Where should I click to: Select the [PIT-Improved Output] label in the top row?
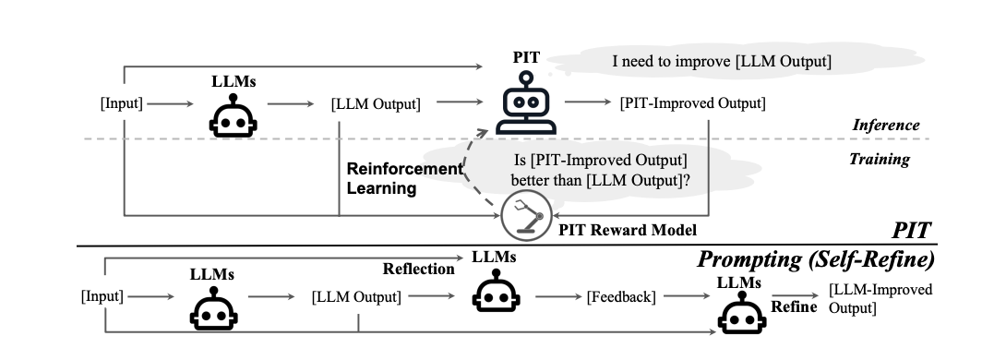point(692,102)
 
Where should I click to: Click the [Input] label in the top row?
point(121,103)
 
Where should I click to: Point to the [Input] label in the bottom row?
point(102,297)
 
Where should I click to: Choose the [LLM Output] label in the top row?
point(376,103)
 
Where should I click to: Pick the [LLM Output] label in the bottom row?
point(357,297)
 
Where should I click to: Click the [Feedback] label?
point(621,297)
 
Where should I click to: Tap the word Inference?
point(884,125)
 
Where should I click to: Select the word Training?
point(879,159)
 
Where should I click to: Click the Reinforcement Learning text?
point(403,178)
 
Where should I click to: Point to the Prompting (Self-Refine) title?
point(815,259)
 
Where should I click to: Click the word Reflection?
point(419,269)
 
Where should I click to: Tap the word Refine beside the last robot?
point(794,306)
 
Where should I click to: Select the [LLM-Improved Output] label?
point(880,297)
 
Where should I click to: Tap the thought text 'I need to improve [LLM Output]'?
point(723,62)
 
